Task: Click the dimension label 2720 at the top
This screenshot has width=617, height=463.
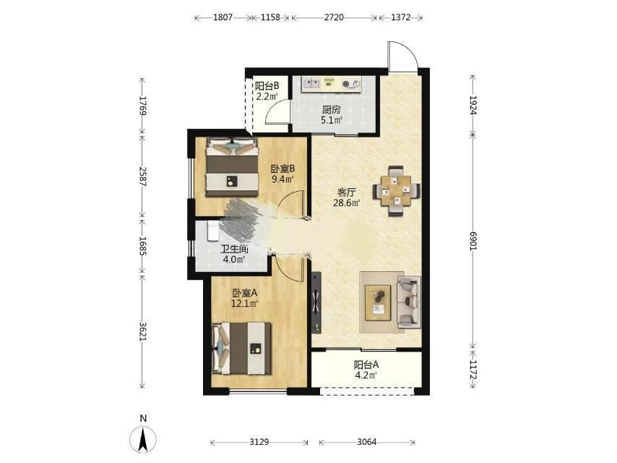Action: (x=334, y=17)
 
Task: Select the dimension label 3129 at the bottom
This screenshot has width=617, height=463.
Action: (x=259, y=442)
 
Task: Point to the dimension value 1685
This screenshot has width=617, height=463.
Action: (x=142, y=246)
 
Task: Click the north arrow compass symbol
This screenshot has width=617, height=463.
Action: (x=143, y=438)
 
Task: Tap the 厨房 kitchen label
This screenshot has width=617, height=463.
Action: (x=332, y=109)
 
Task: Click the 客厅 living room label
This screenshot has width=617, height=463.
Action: (x=347, y=192)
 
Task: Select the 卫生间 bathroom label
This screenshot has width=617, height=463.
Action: (x=234, y=249)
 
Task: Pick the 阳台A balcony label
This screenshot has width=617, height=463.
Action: (x=366, y=365)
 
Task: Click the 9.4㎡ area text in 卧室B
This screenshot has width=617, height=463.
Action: (x=283, y=179)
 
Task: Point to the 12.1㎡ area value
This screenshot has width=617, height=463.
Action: (x=244, y=303)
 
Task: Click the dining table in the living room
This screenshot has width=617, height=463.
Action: (x=397, y=191)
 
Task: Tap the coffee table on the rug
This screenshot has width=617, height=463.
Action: (x=378, y=302)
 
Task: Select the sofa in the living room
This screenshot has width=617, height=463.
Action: (x=409, y=302)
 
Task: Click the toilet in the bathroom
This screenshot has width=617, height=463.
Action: (x=212, y=231)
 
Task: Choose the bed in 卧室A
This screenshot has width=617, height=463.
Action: (x=242, y=348)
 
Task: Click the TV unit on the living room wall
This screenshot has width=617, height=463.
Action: (x=316, y=302)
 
